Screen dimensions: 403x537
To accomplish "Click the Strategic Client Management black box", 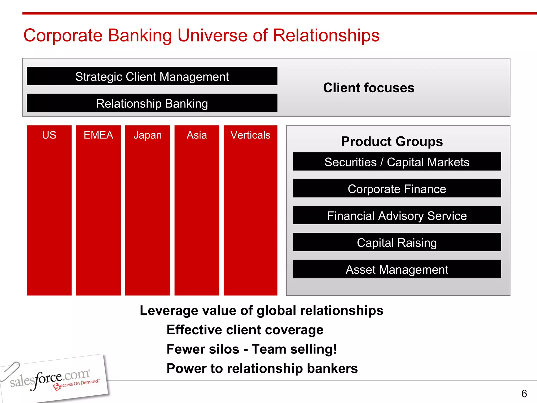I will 152,76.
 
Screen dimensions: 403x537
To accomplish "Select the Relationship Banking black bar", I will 152,103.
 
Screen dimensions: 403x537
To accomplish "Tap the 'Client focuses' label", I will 369,88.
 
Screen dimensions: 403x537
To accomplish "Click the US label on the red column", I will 49,135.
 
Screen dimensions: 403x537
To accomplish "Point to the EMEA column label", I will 98,135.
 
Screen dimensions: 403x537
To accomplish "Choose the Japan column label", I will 148,135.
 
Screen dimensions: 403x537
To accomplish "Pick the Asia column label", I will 197,135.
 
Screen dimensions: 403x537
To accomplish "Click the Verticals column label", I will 250,135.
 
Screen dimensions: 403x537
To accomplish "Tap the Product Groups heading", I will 392,141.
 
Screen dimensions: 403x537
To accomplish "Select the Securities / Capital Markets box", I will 397,162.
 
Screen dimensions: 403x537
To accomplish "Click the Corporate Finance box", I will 397,189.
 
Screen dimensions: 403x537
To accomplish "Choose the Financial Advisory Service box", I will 397,216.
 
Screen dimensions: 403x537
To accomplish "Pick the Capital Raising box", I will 397,242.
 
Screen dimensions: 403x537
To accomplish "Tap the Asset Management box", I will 397,269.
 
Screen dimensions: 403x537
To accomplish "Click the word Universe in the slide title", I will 212,35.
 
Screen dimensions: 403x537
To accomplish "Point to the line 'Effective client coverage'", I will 245,330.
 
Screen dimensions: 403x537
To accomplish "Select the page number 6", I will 524,394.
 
